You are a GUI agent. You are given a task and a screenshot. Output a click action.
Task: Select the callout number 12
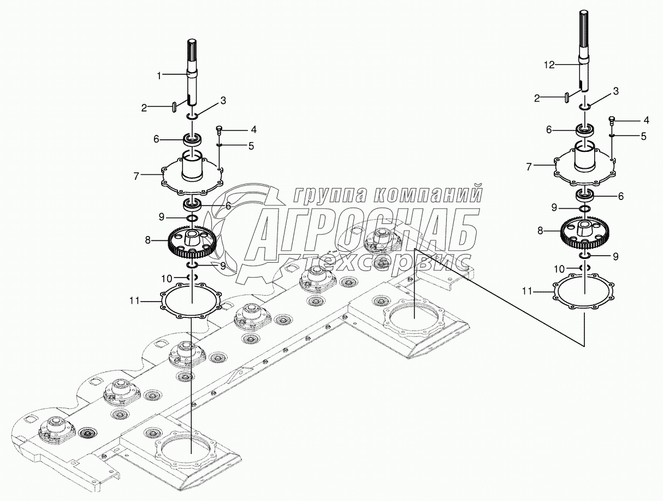coord(549,65)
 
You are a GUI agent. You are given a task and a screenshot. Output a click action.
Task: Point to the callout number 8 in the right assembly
coord(540,231)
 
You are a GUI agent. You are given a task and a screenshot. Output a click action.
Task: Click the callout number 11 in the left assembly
coord(136,300)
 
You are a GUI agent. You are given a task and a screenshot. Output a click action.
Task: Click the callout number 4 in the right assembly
coord(646,119)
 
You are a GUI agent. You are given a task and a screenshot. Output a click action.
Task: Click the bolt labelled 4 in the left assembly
coord(220,129)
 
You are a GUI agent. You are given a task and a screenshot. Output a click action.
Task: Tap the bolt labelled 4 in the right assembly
coord(612,119)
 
